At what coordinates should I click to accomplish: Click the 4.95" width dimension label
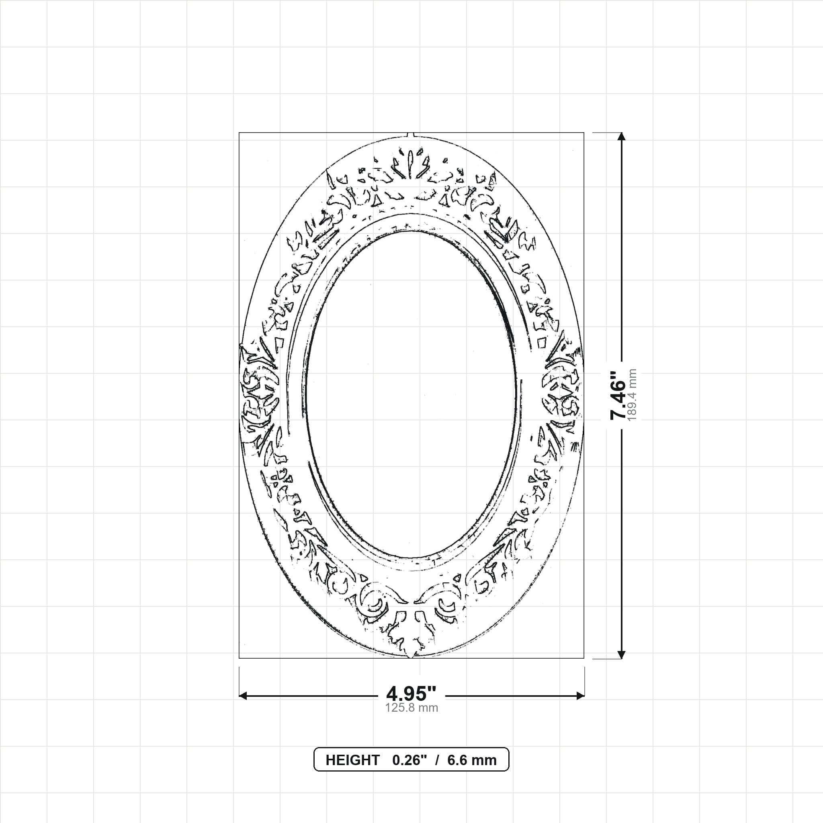(x=411, y=694)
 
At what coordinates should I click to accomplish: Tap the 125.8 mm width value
(x=411, y=708)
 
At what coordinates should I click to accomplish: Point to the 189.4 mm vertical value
(x=633, y=395)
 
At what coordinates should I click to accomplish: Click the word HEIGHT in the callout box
(x=352, y=760)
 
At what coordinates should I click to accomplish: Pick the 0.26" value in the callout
(x=409, y=760)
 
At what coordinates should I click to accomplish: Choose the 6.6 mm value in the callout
(x=472, y=760)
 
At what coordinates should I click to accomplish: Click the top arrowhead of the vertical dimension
(x=622, y=136)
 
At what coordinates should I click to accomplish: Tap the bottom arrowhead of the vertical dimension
(x=622, y=655)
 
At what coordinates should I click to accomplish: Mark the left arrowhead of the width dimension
(x=243, y=696)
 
